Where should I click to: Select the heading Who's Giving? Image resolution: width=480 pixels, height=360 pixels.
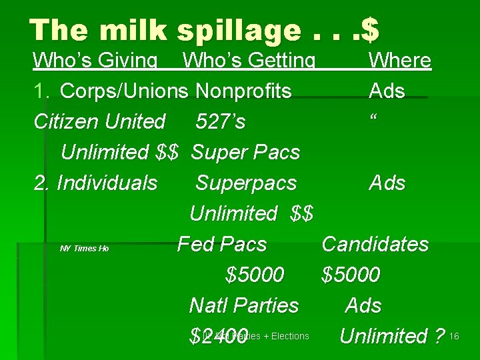coord(95,61)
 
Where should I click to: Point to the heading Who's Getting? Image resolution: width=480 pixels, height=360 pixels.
coord(249,61)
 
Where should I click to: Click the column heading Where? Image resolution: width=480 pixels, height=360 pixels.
coord(400,61)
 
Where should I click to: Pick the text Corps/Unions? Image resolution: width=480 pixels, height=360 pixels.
coord(125,91)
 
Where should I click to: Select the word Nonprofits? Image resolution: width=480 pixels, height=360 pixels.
coord(243,91)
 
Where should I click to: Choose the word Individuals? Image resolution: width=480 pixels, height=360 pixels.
coord(107,183)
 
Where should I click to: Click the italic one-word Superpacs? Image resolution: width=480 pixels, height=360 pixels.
coord(246,183)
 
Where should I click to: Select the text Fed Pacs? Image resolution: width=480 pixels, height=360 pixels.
coord(222,244)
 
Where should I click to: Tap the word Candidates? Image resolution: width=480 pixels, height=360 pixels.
coord(375,244)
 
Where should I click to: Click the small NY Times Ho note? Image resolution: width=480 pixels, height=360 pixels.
coord(84,249)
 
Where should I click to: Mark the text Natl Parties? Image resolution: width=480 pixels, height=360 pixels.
coord(244,305)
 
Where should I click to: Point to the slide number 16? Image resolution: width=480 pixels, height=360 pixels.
coord(454,336)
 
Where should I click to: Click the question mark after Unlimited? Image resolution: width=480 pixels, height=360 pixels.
coord(438,336)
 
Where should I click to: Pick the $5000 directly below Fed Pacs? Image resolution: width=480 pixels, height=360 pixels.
coord(255,275)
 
